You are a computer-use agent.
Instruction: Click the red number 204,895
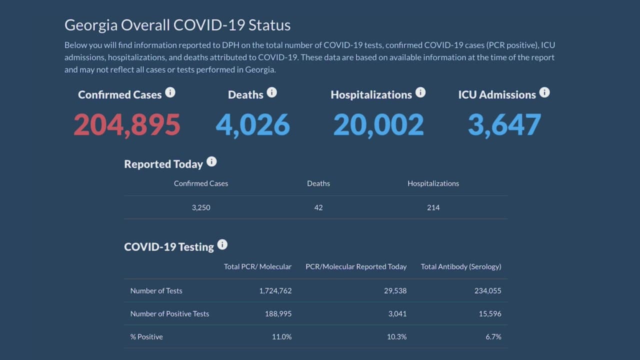click(127, 125)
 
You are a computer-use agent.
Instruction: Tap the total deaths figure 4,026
click(252, 125)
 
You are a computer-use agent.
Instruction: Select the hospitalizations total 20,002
click(378, 125)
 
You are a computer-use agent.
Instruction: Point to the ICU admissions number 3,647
click(504, 125)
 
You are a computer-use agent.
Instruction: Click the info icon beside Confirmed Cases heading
click(170, 92)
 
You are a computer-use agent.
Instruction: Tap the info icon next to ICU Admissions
click(544, 92)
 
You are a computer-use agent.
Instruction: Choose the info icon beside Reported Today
click(211, 161)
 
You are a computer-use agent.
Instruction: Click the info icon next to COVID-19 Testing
click(222, 244)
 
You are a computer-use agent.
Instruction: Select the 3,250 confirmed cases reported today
click(201, 207)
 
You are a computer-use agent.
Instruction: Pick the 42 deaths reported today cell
click(318, 207)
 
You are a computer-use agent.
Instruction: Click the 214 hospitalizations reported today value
click(433, 207)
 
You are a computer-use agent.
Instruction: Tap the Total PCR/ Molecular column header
click(257, 266)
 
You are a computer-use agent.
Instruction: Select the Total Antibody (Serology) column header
click(461, 266)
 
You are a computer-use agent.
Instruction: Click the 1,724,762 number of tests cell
click(275, 290)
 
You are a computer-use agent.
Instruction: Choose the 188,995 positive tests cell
click(278, 313)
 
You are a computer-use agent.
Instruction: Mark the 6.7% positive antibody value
click(493, 336)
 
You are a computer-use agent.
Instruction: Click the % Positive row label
click(146, 336)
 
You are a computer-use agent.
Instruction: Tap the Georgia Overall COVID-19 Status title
click(177, 25)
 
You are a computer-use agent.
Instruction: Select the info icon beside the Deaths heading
click(271, 92)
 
